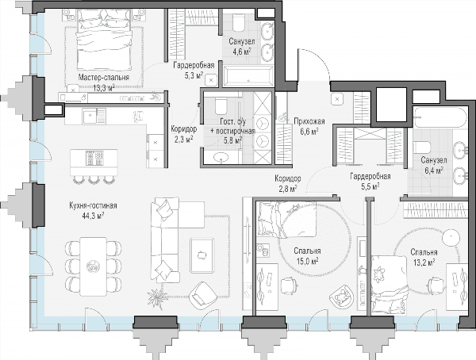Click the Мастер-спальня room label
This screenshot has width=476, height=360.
click(103, 78)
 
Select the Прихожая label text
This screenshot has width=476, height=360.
click(309, 121)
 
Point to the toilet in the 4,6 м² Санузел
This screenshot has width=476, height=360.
click(239, 23)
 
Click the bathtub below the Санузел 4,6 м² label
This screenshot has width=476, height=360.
click(248, 76)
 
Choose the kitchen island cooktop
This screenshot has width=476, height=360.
click(94, 158)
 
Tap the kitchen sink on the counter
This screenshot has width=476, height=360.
click(90, 116)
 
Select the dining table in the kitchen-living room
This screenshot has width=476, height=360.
click(93, 266)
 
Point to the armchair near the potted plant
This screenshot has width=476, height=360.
click(203, 295)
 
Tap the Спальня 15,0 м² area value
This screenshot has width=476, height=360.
click(307, 262)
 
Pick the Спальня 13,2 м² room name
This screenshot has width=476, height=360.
click(424, 252)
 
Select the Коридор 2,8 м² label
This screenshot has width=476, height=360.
click(288, 183)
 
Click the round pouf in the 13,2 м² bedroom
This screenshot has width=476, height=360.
click(451, 238)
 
